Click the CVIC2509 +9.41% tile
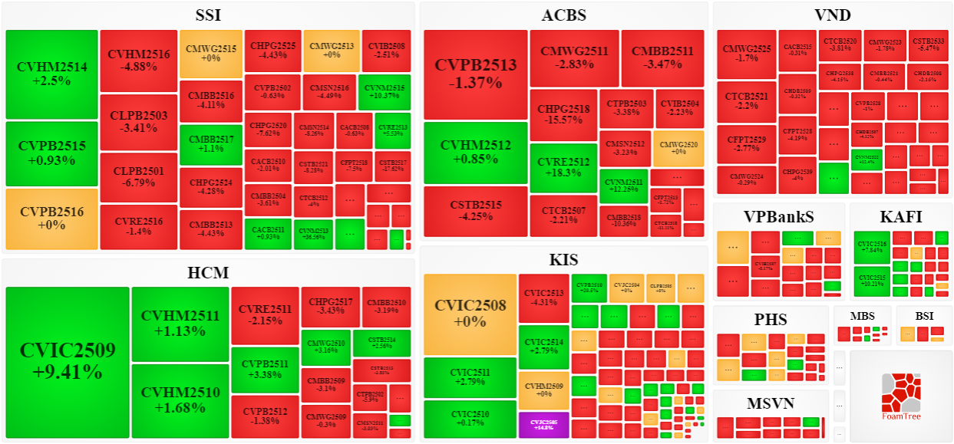tap(68, 361)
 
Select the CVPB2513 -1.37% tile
tap(476, 74)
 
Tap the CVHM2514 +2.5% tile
tap(51, 74)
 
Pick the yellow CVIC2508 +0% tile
tap(470, 314)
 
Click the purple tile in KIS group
tap(543, 425)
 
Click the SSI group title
tap(208, 15)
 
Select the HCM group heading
tap(208, 272)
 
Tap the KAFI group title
tap(901, 217)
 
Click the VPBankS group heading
tap(778, 217)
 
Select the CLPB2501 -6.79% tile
tap(138, 176)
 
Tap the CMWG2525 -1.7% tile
tap(746, 53)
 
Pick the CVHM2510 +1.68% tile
tap(180, 400)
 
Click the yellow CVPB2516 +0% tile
tap(51, 219)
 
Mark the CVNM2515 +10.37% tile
tap(385, 92)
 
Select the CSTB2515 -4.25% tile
tap(476, 211)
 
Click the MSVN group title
tap(771, 403)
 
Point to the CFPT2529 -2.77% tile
tap(746, 141)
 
